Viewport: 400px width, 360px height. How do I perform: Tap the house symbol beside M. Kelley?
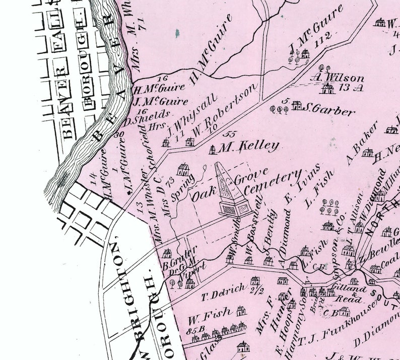tap(213, 149)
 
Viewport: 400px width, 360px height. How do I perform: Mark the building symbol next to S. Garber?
tap(297, 105)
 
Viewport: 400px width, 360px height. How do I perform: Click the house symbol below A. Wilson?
tap(328, 89)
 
